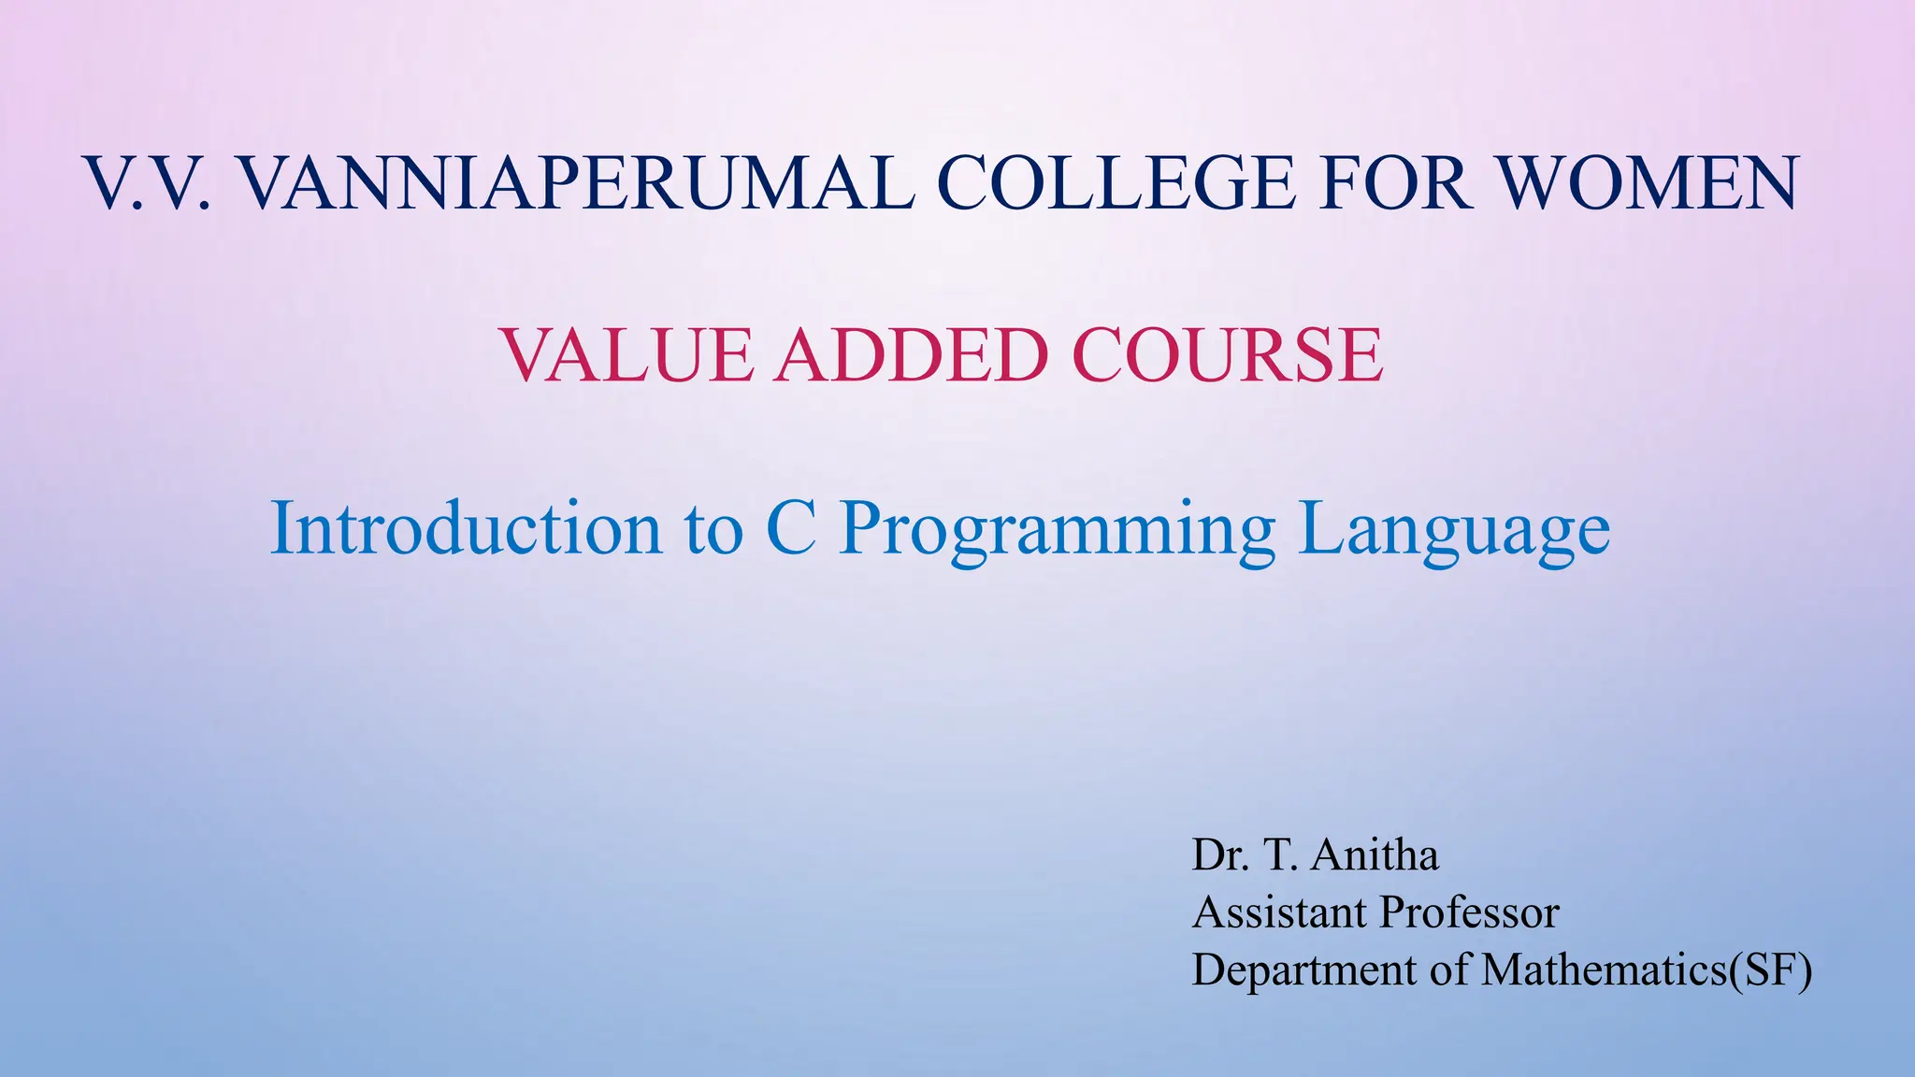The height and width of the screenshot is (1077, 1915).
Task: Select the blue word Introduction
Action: pyautogui.click(x=466, y=528)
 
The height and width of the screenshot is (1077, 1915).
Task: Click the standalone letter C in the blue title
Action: pyautogui.click(x=791, y=528)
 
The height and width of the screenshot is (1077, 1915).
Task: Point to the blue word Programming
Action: pyautogui.click(x=1057, y=530)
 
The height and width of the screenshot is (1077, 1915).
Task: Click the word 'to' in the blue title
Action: pyautogui.click(x=713, y=530)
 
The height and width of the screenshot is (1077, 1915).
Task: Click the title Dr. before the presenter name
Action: pyautogui.click(x=1220, y=854)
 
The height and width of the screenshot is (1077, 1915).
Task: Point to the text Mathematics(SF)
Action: pyautogui.click(x=1647, y=970)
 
